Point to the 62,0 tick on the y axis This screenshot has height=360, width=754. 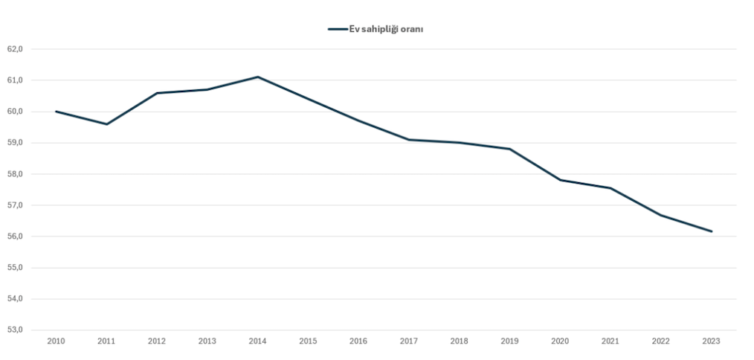tap(16, 49)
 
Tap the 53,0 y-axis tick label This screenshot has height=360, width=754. tap(16, 330)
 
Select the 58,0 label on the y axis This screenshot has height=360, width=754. tap(16, 174)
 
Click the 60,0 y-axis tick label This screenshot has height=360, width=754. tap(16, 112)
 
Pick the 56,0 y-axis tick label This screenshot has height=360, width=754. tap(16, 237)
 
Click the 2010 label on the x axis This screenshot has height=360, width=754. tap(56, 341)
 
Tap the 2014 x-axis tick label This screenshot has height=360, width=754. tap(257, 341)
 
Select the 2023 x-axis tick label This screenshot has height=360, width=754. tap(712, 341)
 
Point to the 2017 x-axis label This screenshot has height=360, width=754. tap(409, 341)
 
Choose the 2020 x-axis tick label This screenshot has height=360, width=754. tap(560, 341)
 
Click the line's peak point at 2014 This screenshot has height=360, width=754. tap(257, 77)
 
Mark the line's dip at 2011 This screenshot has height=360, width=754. tap(106, 124)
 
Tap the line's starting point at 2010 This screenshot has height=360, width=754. tap(56, 112)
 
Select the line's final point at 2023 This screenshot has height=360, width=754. tap(712, 231)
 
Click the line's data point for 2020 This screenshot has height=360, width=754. tap(560, 180)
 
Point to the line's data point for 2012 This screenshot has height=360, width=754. tap(157, 93)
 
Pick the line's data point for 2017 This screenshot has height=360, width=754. tap(409, 140)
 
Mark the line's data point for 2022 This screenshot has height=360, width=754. tap(661, 215)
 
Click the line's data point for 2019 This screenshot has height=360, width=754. tap(509, 149)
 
